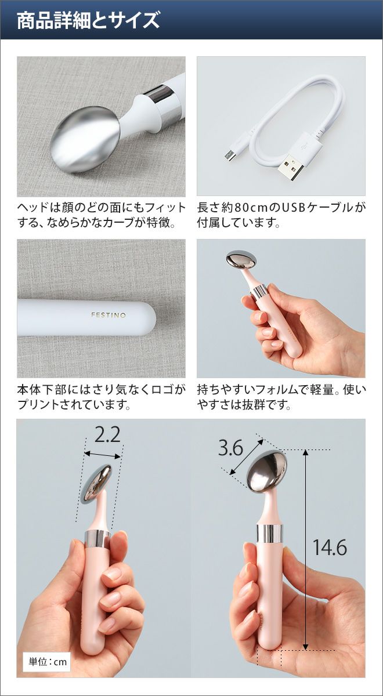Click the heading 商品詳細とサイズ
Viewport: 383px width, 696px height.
[x=88, y=21]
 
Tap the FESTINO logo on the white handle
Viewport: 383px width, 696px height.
[x=109, y=315]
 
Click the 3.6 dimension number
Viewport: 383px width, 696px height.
[x=230, y=448]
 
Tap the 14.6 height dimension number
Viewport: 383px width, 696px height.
[x=330, y=547]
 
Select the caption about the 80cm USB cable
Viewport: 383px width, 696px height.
[x=281, y=215]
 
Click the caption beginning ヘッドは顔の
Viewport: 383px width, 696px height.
[x=102, y=215]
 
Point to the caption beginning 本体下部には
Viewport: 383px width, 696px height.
[x=102, y=397]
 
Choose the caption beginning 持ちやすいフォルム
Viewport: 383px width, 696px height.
[x=281, y=397]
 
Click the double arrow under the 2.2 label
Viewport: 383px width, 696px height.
[x=102, y=455]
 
